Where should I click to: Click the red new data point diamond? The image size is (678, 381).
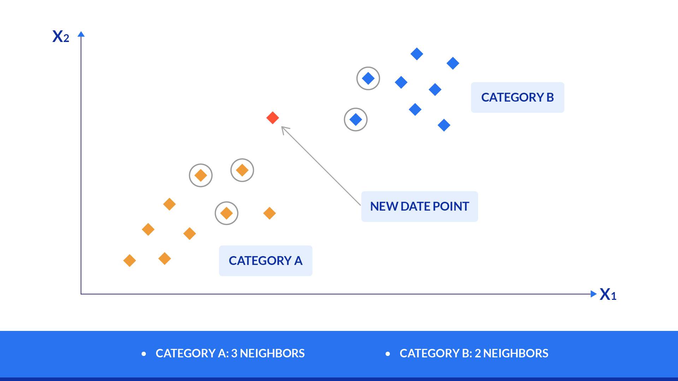[273, 118]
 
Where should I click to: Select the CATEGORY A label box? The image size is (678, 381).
[266, 261]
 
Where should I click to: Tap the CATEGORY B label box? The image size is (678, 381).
[517, 97]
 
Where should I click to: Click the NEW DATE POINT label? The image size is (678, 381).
[420, 206]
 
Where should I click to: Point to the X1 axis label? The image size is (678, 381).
[608, 294]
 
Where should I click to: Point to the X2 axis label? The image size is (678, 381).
[61, 36]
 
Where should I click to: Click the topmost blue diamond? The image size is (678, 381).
[417, 54]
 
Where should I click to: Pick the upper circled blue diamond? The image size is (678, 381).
[368, 78]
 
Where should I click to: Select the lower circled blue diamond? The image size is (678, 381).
[356, 120]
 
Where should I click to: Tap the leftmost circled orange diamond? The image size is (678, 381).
[201, 175]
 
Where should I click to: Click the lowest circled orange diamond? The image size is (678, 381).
[226, 213]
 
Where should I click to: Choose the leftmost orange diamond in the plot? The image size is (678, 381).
[130, 261]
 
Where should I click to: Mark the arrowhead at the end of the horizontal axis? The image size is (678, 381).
[593, 294]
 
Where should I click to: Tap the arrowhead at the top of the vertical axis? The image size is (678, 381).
[81, 34]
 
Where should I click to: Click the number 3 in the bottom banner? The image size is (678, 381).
[234, 353]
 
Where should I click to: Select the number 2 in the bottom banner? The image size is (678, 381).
[477, 353]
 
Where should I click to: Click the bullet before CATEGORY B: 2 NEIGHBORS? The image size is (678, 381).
[388, 354]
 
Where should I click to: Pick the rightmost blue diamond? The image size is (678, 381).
[453, 64]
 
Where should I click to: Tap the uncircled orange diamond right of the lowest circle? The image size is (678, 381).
[269, 213]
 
